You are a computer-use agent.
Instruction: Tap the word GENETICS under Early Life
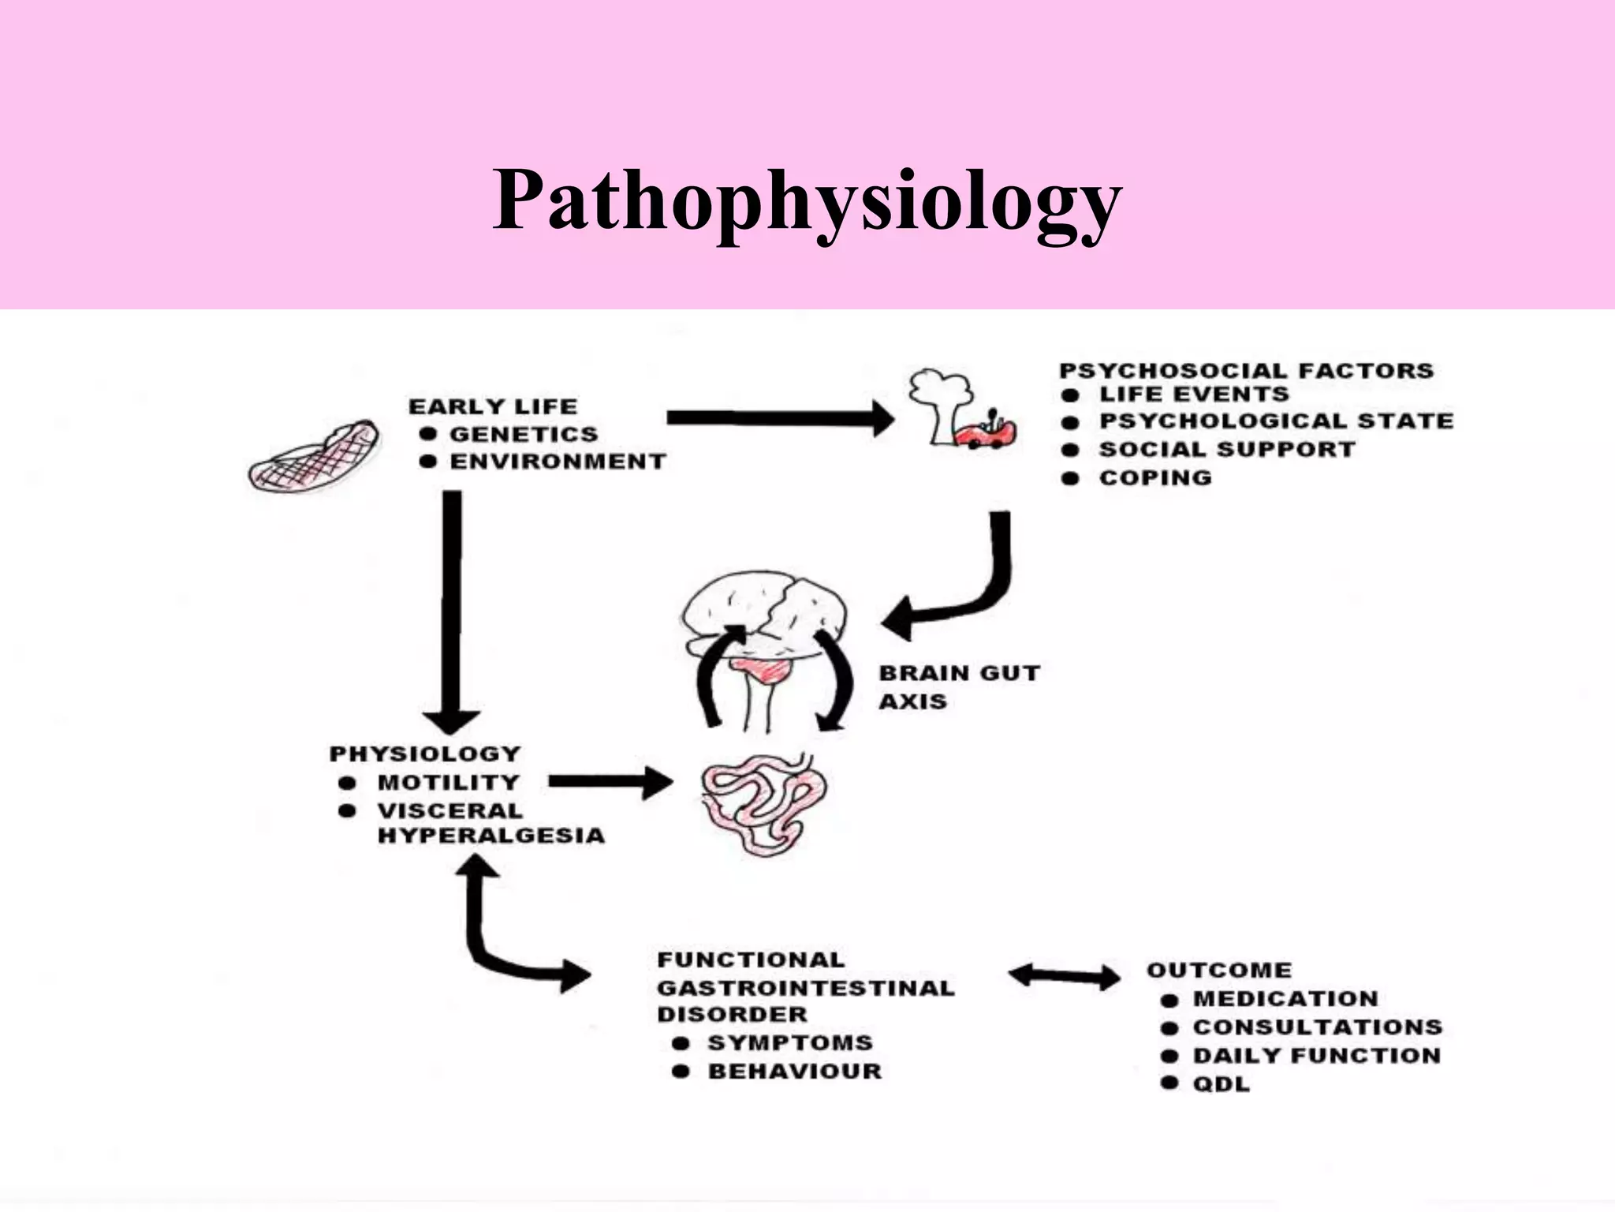tap(524, 434)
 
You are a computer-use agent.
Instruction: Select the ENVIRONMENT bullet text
tap(558, 462)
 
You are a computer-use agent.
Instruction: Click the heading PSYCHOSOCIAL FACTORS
tap(1246, 370)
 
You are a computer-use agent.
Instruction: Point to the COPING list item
tap(1155, 477)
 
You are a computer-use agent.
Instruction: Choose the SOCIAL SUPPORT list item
tap(1227, 449)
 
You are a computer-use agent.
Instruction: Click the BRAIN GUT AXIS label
tap(958, 686)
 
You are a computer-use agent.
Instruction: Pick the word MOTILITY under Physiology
tap(448, 782)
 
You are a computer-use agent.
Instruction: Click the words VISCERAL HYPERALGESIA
tap(490, 823)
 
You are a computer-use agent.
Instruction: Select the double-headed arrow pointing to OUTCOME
tap(1065, 977)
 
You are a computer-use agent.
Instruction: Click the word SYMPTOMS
tap(790, 1042)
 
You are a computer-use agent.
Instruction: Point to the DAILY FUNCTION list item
tap(1316, 1055)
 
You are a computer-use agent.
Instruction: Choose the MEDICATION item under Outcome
tap(1285, 998)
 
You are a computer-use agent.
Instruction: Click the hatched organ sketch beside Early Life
tap(314, 456)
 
